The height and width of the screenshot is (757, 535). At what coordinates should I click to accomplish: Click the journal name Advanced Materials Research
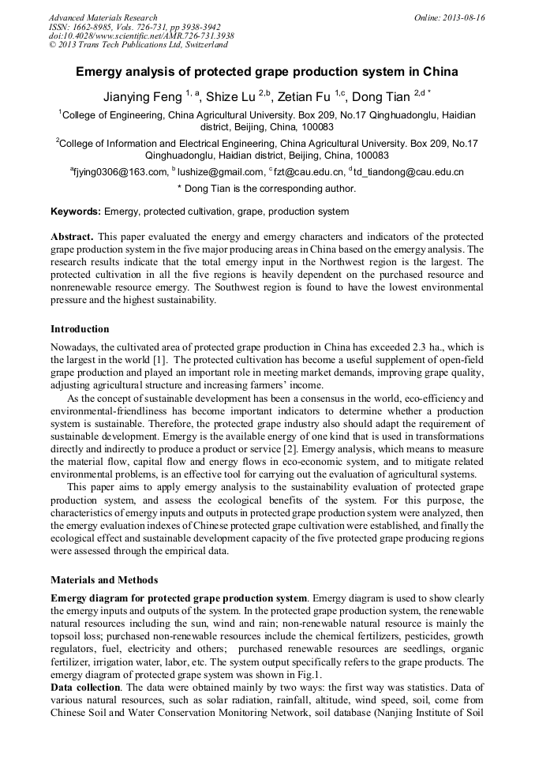coord(103,17)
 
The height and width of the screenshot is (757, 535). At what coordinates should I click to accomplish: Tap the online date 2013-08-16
coord(464,17)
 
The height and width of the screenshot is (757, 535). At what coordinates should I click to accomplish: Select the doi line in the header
coord(141,36)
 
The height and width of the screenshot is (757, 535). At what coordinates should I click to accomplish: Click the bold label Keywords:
coord(76,212)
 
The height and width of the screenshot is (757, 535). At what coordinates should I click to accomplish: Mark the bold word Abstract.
coord(73,237)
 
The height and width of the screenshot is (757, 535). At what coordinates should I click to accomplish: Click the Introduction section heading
coord(80,328)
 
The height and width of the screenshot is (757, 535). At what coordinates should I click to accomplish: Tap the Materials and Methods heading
coord(104,580)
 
